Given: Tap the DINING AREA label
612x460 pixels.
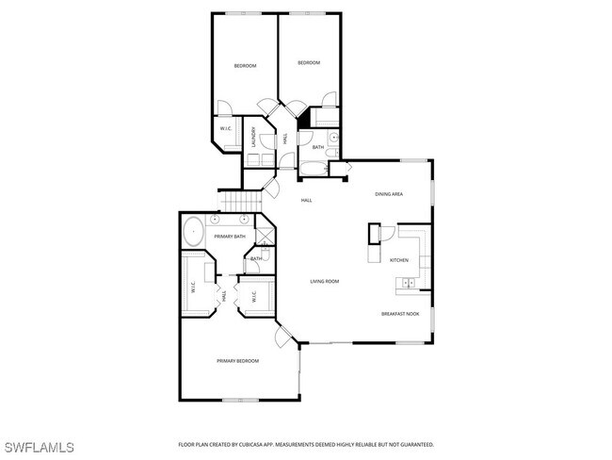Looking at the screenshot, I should (389, 194).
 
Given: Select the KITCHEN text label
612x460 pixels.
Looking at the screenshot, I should (399, 260).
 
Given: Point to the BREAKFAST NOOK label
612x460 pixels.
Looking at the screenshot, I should (400, 314).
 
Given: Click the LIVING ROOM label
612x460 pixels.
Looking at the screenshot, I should (325, 281).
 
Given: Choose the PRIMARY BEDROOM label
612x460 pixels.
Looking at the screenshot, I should (237, 361).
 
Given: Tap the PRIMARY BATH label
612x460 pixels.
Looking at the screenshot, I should (230, 237).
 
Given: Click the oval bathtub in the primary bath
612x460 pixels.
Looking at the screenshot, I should (193, 231).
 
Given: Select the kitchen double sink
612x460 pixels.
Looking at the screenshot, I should (409, 282).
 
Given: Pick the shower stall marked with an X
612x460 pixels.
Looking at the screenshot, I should (265, 232).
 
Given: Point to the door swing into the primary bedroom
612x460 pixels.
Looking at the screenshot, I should (283, 337).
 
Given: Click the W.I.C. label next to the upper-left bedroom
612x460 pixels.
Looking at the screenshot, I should (227, 128).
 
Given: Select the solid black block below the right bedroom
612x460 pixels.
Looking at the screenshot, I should (304, 120).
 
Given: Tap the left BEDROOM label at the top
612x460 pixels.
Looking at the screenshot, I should (245, 65).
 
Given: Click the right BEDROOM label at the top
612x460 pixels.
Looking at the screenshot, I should (309, 63).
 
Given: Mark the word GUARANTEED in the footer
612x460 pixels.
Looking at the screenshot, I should (413, 443).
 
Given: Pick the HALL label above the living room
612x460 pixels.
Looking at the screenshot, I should (306, 201).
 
